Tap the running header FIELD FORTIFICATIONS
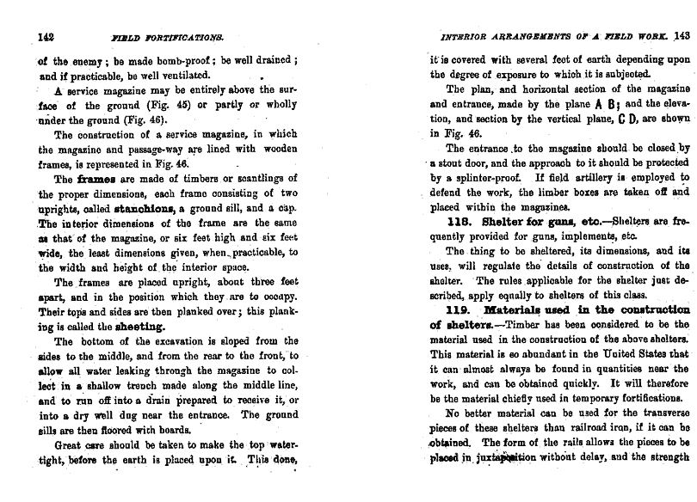[x=167, y=37]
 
